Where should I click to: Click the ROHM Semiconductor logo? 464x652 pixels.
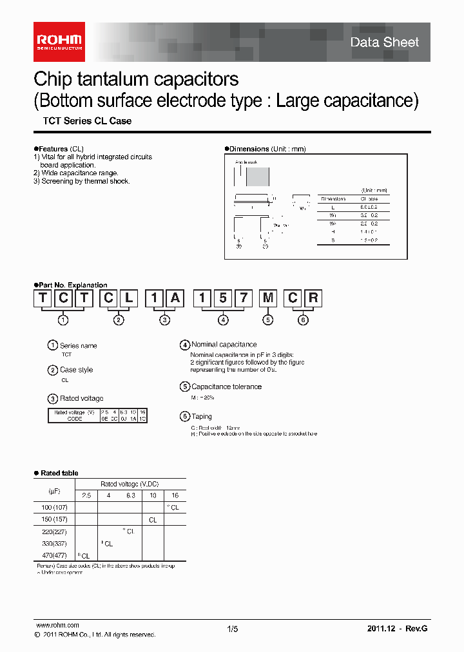pos(59,42)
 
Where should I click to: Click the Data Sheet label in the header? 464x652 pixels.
pos(384,43)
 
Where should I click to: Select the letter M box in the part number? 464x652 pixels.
pos(267,298)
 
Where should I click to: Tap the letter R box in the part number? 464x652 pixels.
pos(313,298)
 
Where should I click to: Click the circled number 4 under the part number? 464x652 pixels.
pos(223,320)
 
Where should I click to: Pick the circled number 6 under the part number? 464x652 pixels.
pos(304,320)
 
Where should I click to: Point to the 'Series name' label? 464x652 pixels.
pos(78,346)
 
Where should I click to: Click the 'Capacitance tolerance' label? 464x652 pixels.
pos(226,387)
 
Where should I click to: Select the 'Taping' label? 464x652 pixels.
pos(201,417)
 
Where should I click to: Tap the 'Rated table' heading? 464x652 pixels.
pos(59,474)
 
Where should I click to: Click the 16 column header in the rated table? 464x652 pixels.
pos(175,495)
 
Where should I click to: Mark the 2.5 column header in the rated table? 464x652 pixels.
pos(86,495)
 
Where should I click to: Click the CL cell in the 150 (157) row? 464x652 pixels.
pos(153,520)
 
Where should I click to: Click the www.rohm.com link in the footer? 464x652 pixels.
pos(57,626)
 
